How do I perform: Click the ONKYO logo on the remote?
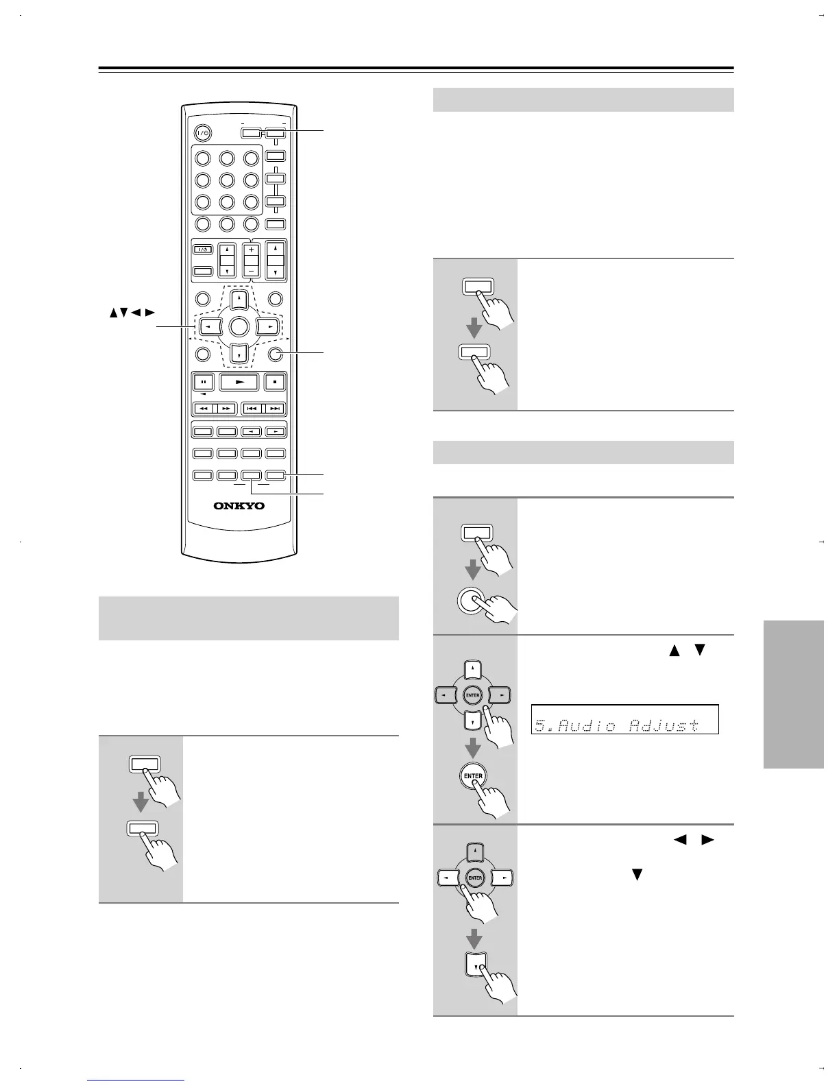[239, 506]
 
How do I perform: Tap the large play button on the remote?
[239, 382]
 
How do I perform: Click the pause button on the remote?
[204, 382]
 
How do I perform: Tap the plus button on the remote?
[251, 250]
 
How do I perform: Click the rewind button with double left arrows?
[204, 409]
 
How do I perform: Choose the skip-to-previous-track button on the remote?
[252, 409]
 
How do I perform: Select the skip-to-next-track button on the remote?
[275, 409]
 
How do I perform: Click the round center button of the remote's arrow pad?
[239, 326]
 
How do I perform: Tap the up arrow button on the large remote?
[239, 299]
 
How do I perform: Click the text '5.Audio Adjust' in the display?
[617, 725]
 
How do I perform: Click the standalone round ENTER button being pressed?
[474, 776]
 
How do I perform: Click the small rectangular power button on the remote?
[202, 250]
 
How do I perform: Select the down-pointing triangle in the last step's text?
[637, 875]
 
